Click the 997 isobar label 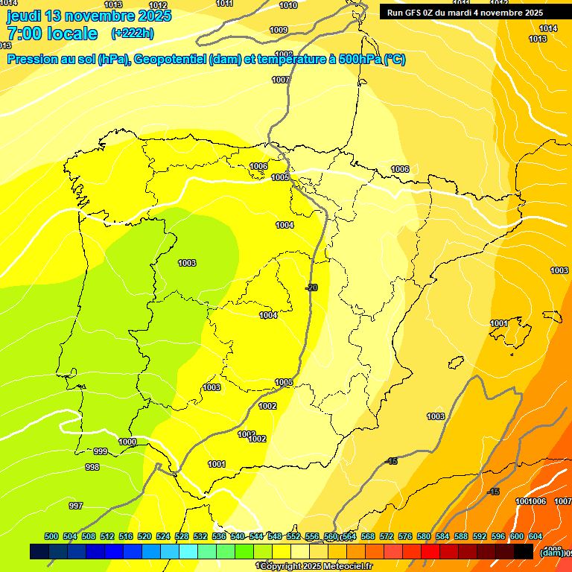(x=76, y=506)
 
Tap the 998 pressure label (x=92, y=467)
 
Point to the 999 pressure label (x=101, y=451)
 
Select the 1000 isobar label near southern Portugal (x=127, y=442)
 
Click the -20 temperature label (x=311, y=287)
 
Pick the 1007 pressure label (x=281, y=80)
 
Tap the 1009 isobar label (x=279, y=30)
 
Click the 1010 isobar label (x=288, y=5)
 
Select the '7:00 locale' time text (x=52, y=34)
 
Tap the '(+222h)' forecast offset (x=132, y=34)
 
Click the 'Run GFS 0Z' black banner (x=465, y=13)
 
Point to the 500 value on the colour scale (x=51, y=536)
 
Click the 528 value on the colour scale (x=182, y=536)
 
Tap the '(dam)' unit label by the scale (x=551, y=552)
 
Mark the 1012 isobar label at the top (x=158, y=5)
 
